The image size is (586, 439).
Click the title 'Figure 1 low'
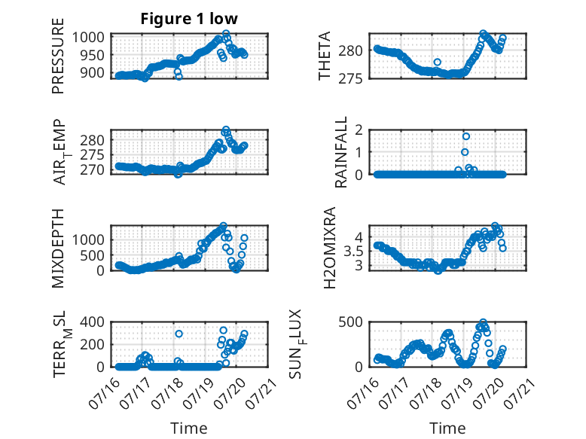[x=189, y=19]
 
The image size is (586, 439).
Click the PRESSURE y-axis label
[x=58, y=56]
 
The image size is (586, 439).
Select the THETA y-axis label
[x=325, y=56]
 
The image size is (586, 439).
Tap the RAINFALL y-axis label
[x=341, y=151]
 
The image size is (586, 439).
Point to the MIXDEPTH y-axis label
[x=58, y=248]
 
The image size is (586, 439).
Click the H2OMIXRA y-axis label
[x=329, y=248]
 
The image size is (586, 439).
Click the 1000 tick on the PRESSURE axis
[x=88, y=38]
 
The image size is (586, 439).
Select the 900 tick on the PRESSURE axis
[x=93, y=73]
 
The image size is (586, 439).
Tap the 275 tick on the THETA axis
[x=350, y=79]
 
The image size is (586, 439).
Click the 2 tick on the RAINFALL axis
[x=359, y=130]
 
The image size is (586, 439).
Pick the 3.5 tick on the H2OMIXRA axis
[x=353, y=251]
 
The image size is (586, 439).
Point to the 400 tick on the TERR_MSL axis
[x=93, y=322]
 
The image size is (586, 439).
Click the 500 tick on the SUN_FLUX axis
[x=350, y=322]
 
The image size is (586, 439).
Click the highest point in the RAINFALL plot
[x=465, y=136]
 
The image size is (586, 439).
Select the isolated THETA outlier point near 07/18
[x=438, y=62]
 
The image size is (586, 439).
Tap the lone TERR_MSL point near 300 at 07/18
[x=179, y=334]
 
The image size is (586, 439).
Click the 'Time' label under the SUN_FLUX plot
[x=447, y=428]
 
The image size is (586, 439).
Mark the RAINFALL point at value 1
[x=465, y=152]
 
